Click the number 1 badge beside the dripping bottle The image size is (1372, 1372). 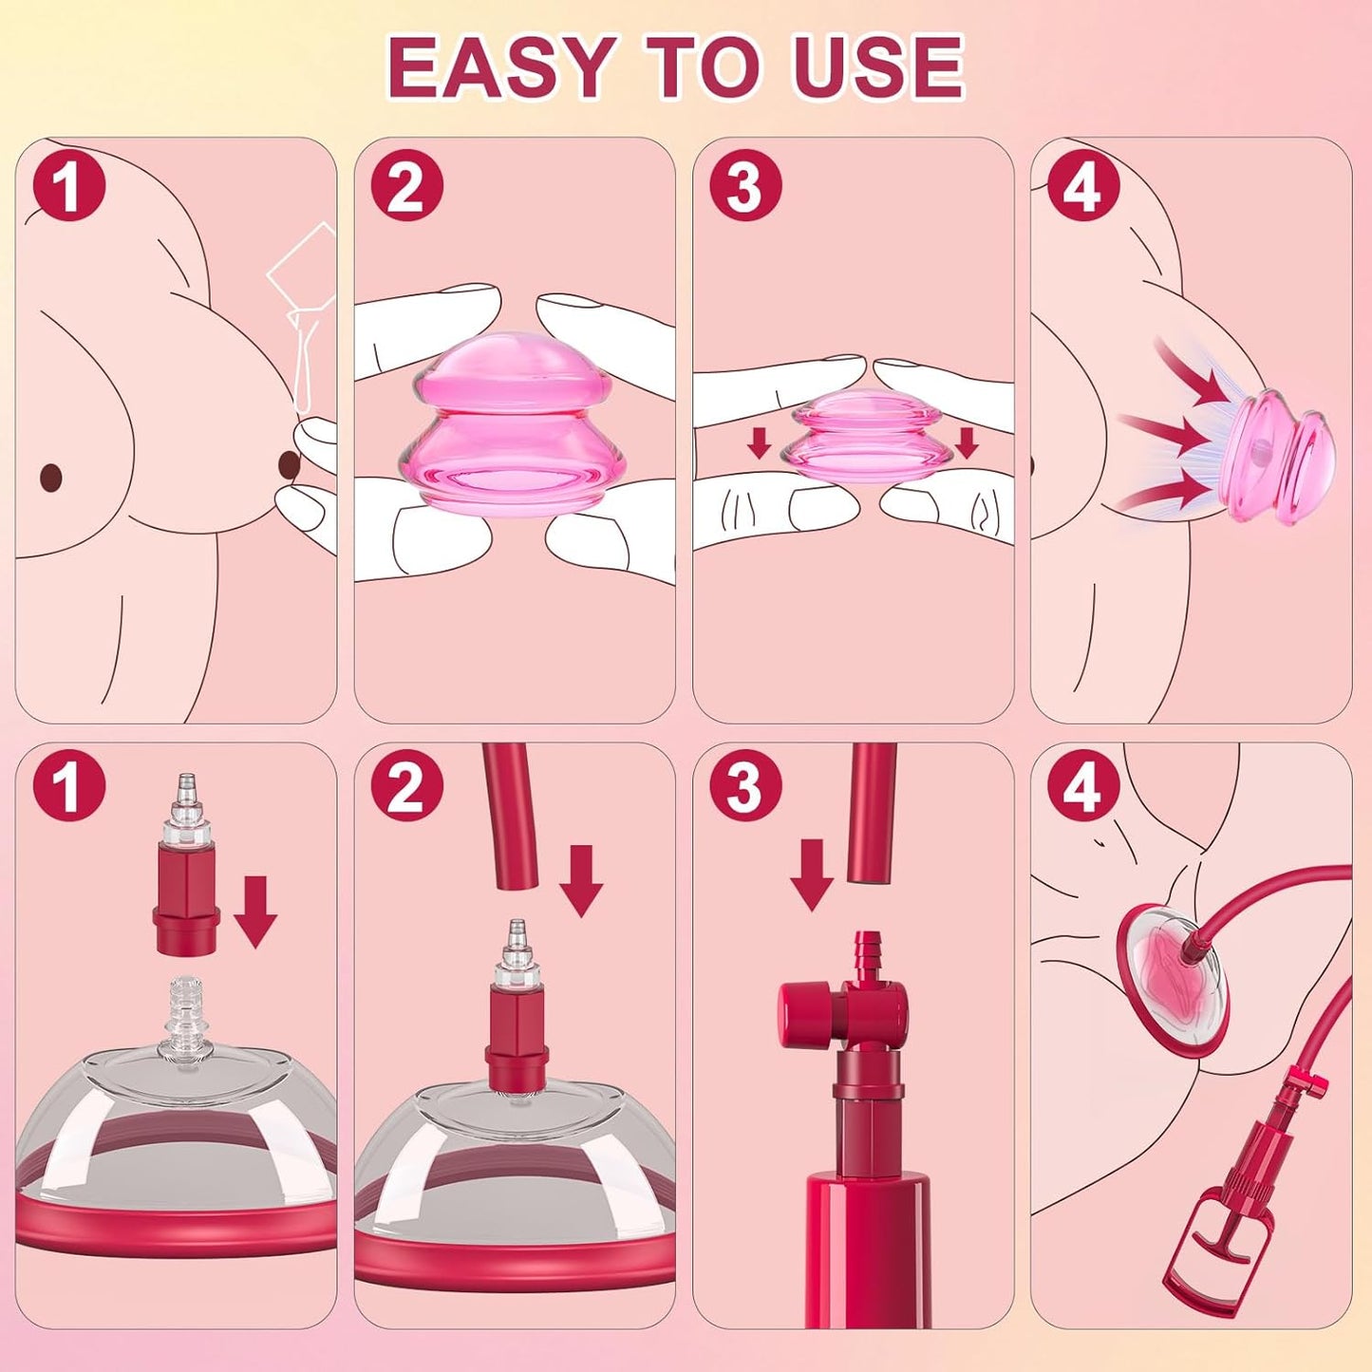coord(69,186)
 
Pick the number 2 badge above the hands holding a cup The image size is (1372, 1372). coord(406,186)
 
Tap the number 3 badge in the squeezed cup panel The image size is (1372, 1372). coord(745,186)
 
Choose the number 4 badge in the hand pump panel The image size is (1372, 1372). coord(1083,788)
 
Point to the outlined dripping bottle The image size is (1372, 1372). coord(299,306)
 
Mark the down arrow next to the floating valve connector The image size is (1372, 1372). coord(254,912)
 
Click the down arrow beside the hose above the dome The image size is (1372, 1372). coord(581,880)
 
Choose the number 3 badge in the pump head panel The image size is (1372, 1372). coord(745,788)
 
